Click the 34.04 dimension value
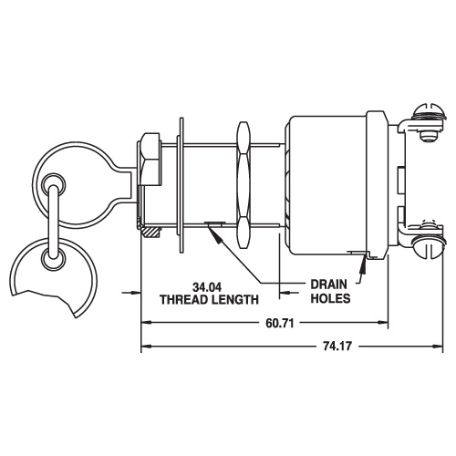pos(207,287)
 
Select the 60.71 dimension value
pos(280,323)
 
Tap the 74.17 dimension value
pos(337,346)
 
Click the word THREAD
pos(183,300)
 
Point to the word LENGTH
pos(234,300)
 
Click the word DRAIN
pos(328,285)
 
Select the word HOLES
pos(330,298)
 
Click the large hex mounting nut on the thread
pos(244,185)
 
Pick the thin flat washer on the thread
pos(181,185)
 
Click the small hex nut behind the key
pos(150,160)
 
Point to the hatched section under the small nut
pos(151,232)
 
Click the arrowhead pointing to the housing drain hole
pos(363,263)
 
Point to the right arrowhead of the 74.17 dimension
pos(437,346)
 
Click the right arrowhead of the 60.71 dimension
pos(383,323)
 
